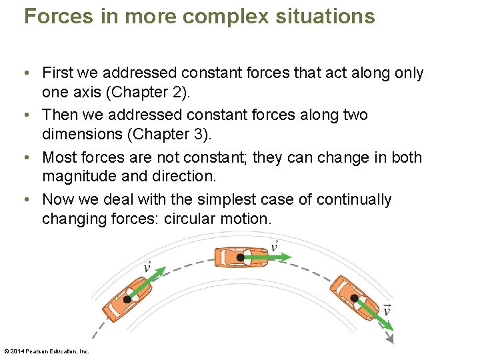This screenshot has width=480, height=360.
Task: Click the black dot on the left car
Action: pyautogui.click(x=127, y=300)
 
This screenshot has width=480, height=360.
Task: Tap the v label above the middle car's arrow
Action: pyautogui.click(x=274, y=246)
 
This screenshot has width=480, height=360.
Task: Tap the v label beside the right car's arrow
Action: pyautogui.click(x=387, y=310)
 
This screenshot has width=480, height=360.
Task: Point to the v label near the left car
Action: pyautogui.click(x=147, y=267)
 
